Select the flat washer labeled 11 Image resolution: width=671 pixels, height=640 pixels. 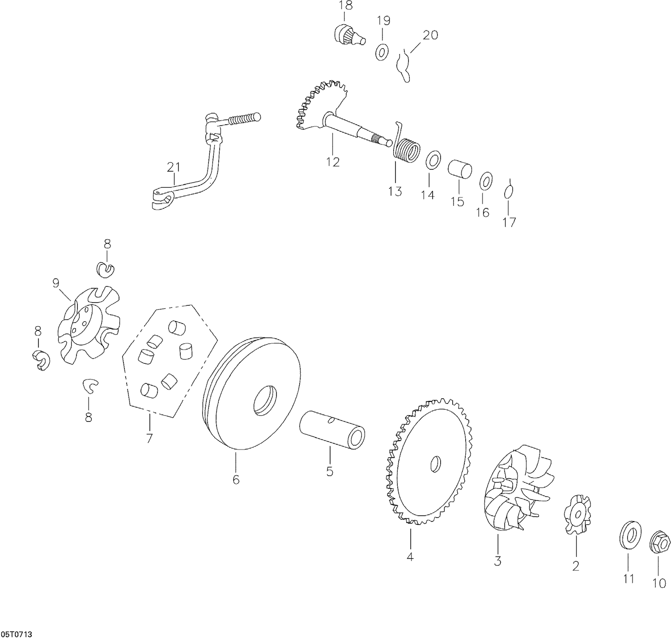pyautogui.click(x=629, y=534)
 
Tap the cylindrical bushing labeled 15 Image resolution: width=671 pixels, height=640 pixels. pyautogui.click(x=460, y=169)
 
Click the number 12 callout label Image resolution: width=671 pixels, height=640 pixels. pyautogui.click(x=333, y=161)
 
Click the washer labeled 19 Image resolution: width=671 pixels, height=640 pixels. pyautogui.click(x=382, y=52)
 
